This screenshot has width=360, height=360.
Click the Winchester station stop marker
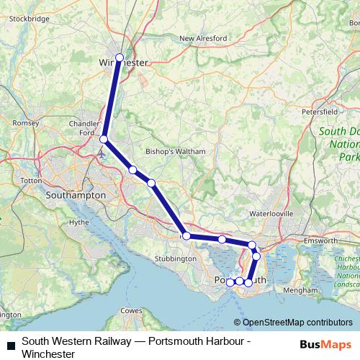(120, 58)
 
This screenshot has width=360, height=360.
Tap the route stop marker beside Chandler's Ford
(104, 139)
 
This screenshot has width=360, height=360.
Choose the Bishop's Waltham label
(176, 152)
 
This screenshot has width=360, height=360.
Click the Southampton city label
(75, 195)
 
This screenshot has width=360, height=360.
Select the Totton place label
(32, 180)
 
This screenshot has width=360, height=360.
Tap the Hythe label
(78, 222)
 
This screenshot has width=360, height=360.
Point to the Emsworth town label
(321, 240)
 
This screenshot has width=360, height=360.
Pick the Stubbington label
(176, 258)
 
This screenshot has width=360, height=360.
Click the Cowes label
(130, 310)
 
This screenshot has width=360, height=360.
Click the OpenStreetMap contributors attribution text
(297, 323)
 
